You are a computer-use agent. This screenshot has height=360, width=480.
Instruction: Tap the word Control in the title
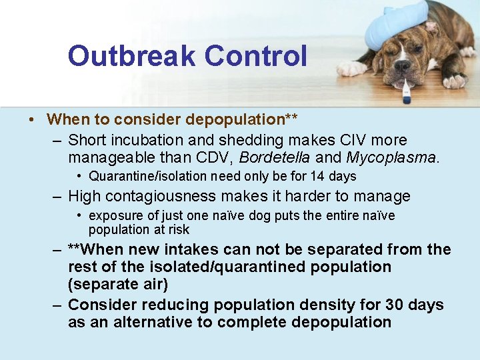[x=256, y=56]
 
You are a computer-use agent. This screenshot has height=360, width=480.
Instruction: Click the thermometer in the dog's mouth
[x=406, y=90]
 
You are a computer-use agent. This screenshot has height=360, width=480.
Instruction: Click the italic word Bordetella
[x=274, y=159]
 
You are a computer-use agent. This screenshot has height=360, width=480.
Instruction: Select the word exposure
[x=115, y=216]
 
